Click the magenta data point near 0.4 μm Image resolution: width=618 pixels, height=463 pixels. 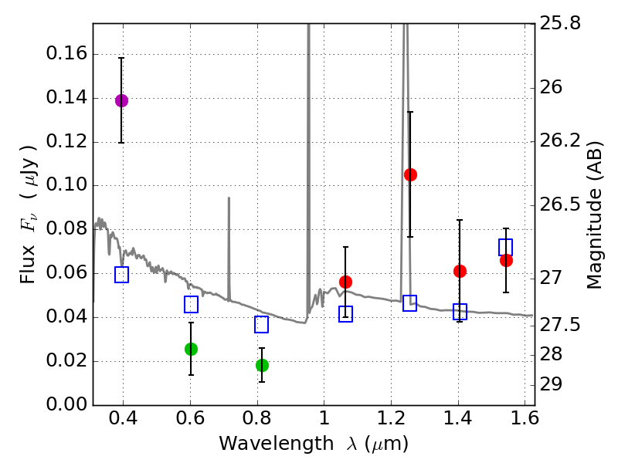[121, 100]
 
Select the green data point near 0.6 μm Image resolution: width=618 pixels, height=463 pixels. [191, 349]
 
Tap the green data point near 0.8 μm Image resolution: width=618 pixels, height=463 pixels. [262, 365]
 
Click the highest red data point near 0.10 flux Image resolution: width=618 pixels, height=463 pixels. [410, 174]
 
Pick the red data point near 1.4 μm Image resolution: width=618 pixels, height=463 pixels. [460, 271]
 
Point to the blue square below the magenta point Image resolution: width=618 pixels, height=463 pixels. [121, 275]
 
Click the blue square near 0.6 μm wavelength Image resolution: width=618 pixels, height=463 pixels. [191, 305]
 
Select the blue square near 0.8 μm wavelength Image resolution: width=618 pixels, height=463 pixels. [262, 324]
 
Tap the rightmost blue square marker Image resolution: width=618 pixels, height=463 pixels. [506, 247]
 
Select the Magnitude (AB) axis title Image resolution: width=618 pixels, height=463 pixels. [595, 214]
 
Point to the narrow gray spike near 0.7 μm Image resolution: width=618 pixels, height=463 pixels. [229, 247]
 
